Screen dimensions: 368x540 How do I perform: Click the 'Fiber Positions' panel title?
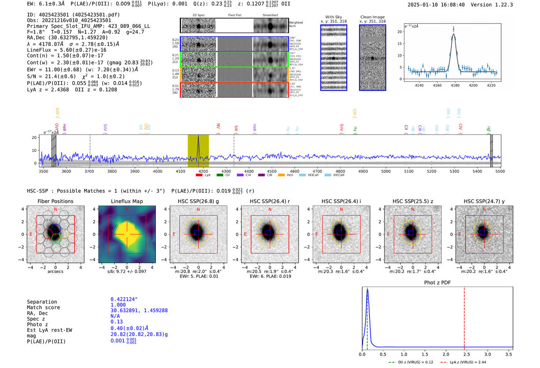[x=55, y=201]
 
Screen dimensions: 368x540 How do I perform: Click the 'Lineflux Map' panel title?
[x=127, y=201]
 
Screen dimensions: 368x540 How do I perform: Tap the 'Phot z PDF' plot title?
[x=437, y=283]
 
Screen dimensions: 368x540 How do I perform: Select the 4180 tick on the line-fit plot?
[x=455, y=85]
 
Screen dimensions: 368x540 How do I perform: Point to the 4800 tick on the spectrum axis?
[x=340, y=171]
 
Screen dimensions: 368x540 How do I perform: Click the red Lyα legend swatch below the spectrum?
[x=199, y=175]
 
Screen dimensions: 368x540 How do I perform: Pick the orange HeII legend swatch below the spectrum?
[x=281, y=175]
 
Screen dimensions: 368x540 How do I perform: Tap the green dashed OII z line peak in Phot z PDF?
[x=367, y=290]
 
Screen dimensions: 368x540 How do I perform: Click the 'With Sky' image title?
[x=333, y=17]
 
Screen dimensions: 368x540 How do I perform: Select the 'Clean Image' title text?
[x=372, y=17]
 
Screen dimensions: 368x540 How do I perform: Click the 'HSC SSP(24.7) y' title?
[x=484, y=201]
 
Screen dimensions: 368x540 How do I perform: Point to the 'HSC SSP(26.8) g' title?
[x=198, y=201]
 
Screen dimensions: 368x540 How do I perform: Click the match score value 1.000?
[x=118, y=305]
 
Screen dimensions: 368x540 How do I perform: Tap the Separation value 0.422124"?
[x=124, y=299]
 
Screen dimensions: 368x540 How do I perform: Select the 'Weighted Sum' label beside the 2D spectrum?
[x=295, y=24]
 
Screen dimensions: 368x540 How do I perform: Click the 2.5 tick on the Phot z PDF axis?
[x=467, y=354]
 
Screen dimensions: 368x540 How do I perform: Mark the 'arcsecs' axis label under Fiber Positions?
[x=55, y=271]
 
